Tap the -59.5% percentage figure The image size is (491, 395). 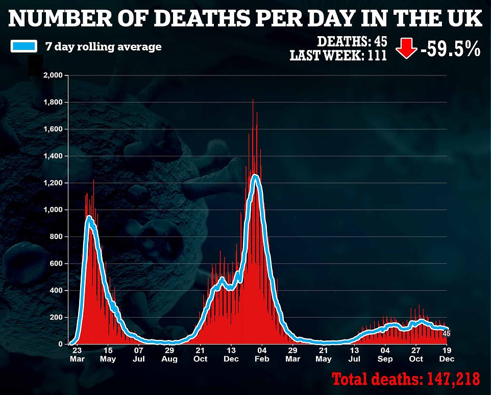pos(449,49)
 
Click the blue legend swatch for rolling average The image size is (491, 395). pos(23,47)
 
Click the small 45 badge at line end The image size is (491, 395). pos(446,333)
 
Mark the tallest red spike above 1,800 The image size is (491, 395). pos(253,101)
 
